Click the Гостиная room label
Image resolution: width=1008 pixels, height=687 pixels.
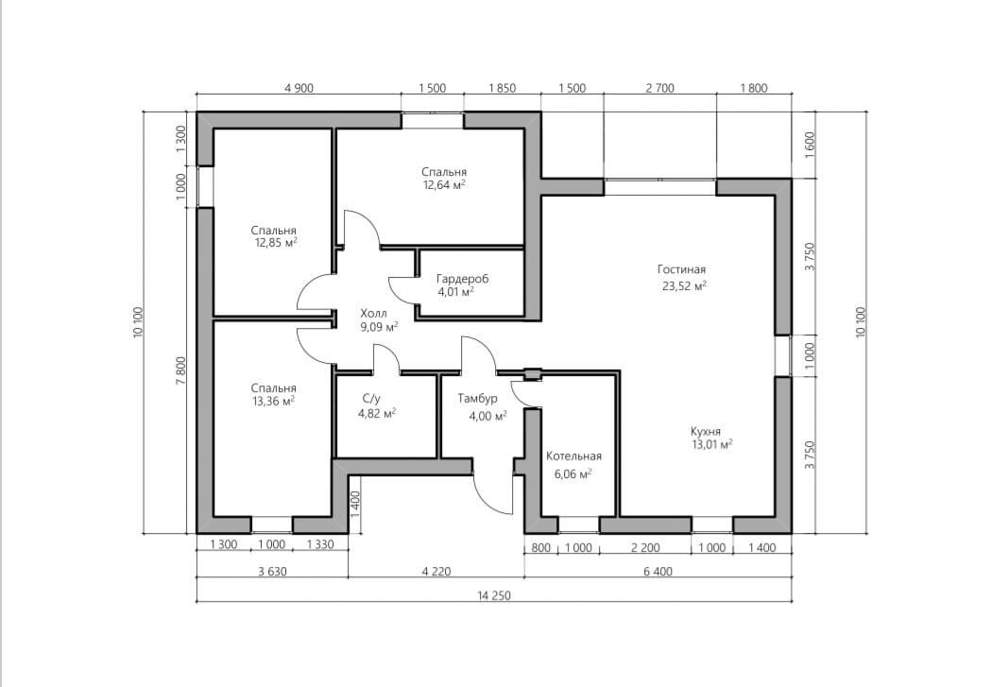(681, 269)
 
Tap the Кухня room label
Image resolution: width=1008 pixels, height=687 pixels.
(706, 431)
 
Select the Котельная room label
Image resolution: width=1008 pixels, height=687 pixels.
(574, 456)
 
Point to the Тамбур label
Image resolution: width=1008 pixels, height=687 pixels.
(478, 399)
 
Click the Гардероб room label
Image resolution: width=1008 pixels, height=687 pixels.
(462, 279)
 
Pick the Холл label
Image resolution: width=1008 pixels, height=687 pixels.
(373, 314)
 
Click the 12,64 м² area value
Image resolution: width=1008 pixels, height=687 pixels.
(444, 185)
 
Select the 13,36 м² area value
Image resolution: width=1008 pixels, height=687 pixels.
(273, 402)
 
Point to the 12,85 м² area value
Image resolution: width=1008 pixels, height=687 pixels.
(276, 243)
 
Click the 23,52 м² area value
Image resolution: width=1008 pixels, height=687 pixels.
(685, 286)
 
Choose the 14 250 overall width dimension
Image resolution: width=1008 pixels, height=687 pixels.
(494, 595)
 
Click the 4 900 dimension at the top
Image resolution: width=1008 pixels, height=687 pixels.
(299, 88)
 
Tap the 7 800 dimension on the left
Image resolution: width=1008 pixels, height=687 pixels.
(180, 369)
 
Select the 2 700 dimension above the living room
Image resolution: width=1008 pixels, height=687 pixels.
(659, 88)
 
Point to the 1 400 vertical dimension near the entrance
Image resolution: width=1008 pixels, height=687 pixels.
(356, 505)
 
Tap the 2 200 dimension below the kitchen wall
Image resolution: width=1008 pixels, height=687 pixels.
(645, 547)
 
